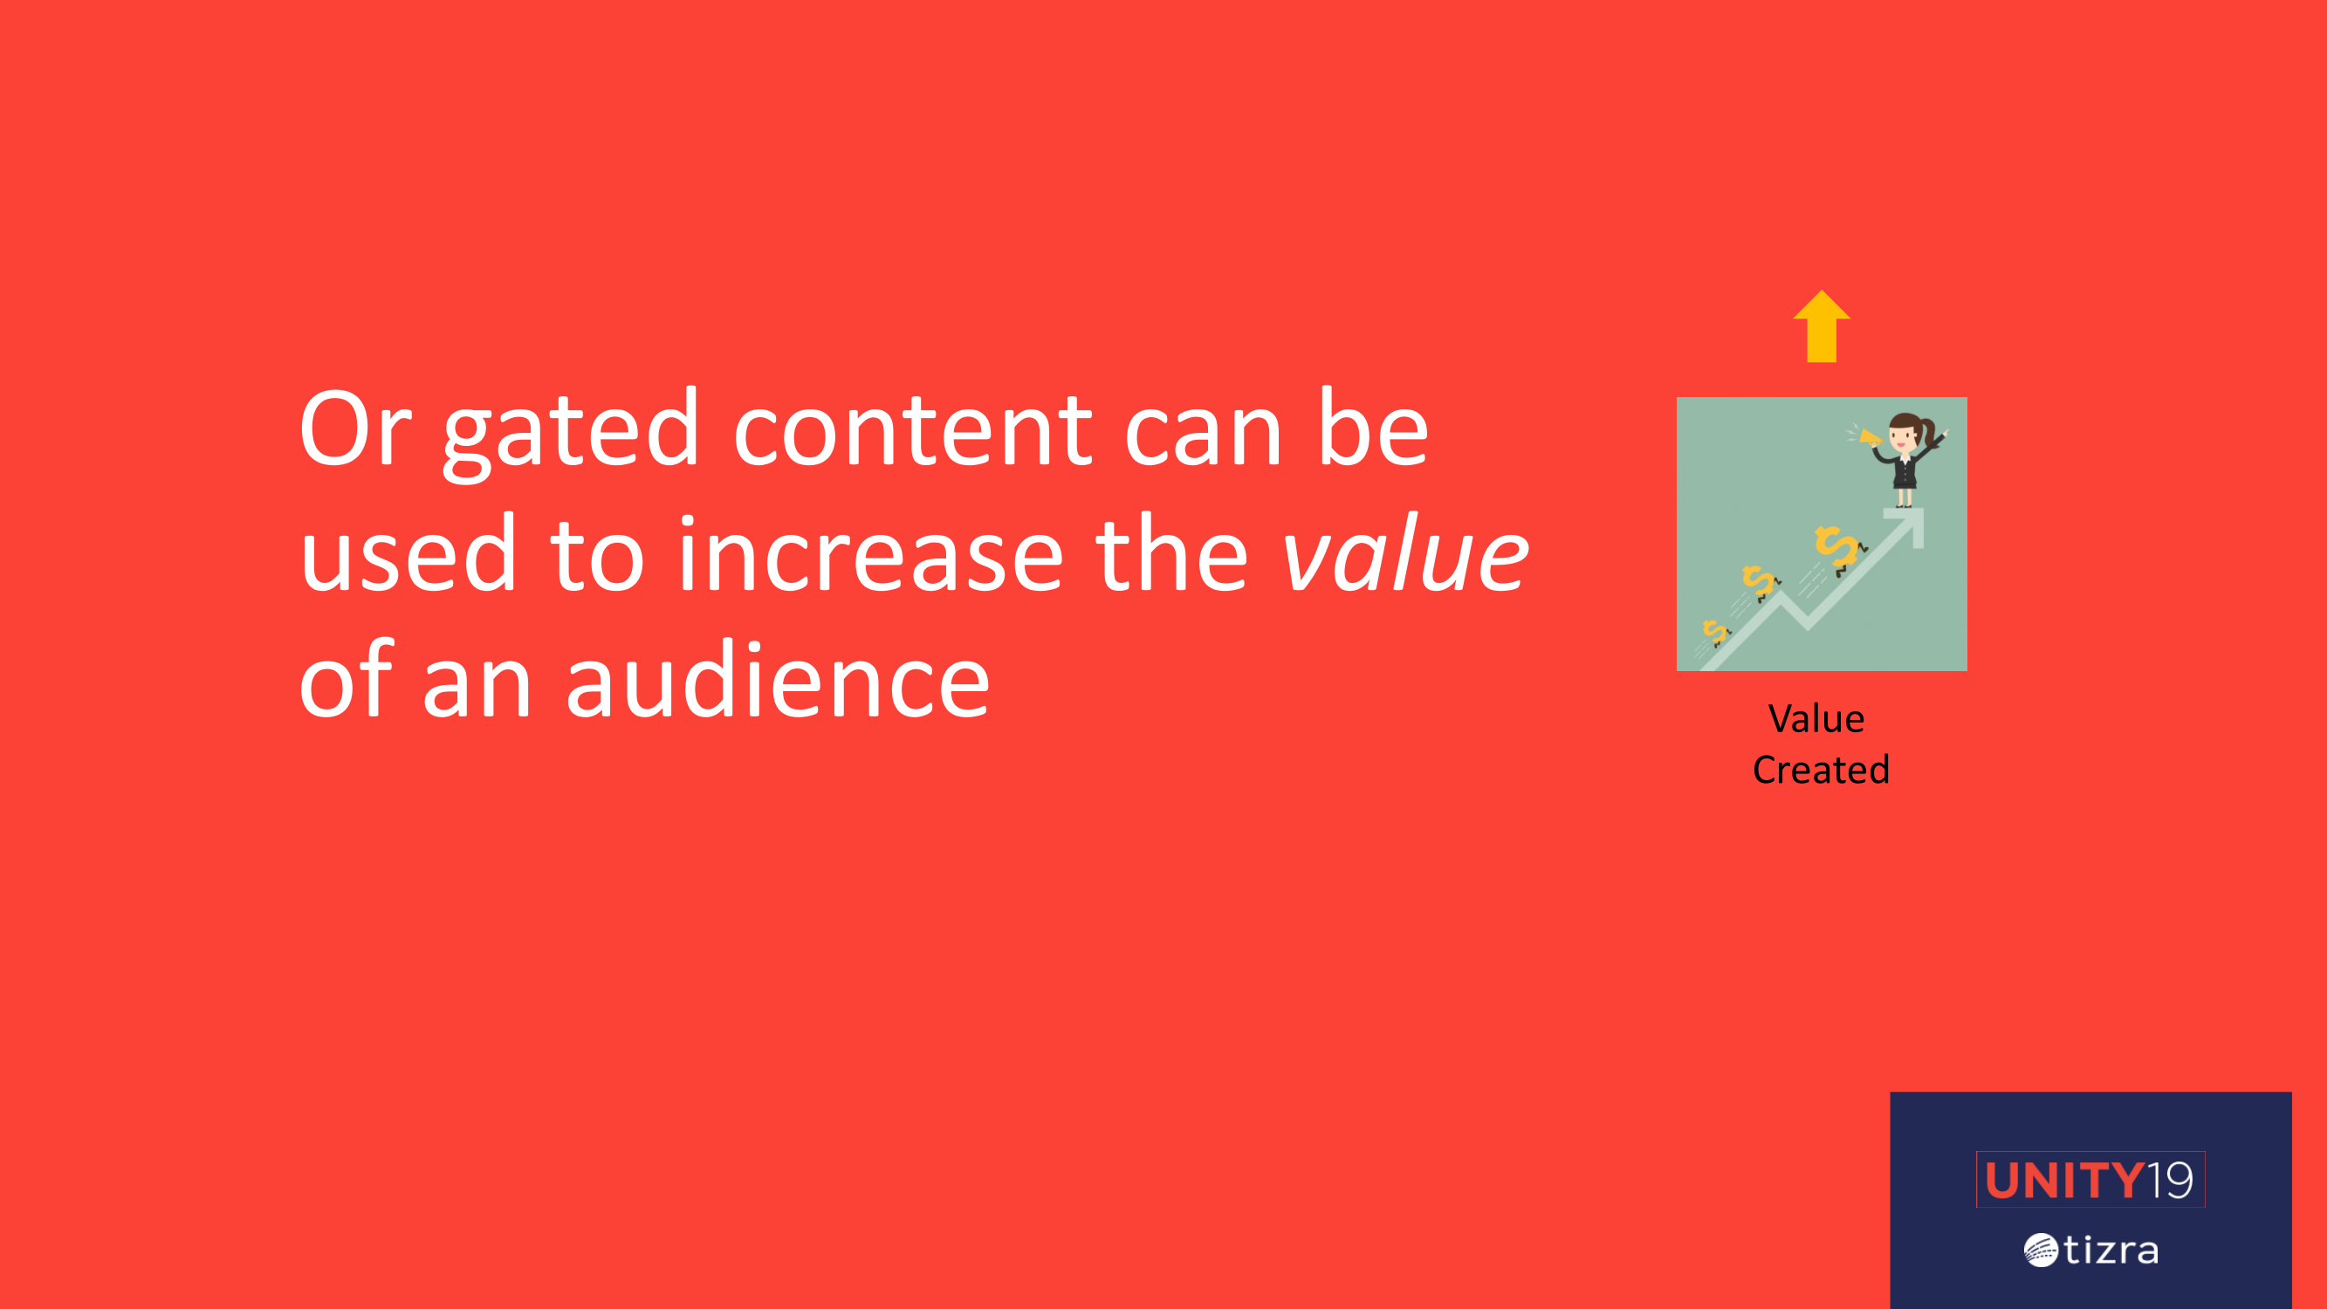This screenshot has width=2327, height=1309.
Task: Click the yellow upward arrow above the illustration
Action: [x=1821, y=326]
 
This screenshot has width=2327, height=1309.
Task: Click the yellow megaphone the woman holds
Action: [x=1868, y=438]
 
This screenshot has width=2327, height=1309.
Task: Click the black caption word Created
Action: [x=1821, y=770]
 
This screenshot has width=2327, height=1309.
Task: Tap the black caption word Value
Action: [x=1816, y=719]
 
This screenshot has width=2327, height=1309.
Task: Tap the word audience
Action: [x=779, y=679]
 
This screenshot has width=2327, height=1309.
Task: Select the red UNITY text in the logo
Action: [x=2064, y=1180]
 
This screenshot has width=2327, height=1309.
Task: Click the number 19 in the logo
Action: [x=2170, y=1180]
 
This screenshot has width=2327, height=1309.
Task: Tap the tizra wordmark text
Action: [x=2111, y=1251]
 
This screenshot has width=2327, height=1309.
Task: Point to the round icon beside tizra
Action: [x=2041, y=1251]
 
